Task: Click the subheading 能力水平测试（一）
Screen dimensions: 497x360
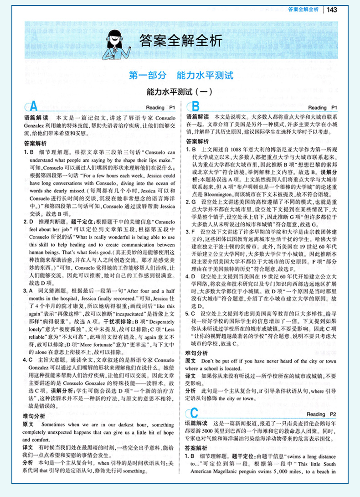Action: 180,91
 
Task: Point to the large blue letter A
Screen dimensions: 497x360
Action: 33,107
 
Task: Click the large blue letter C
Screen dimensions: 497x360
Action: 194,414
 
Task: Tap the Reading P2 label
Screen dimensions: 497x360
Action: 322,414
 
